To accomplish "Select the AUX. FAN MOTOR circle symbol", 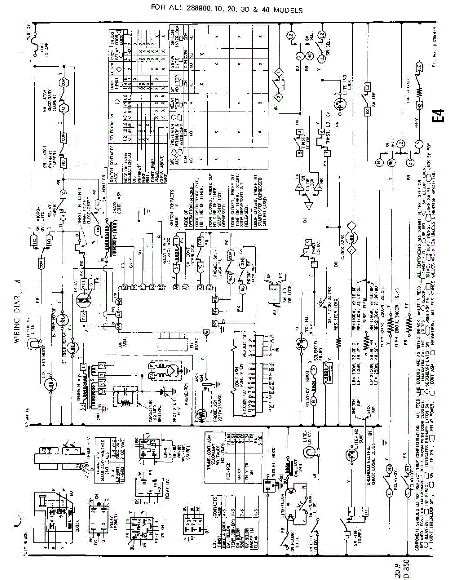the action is pos(48,384).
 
